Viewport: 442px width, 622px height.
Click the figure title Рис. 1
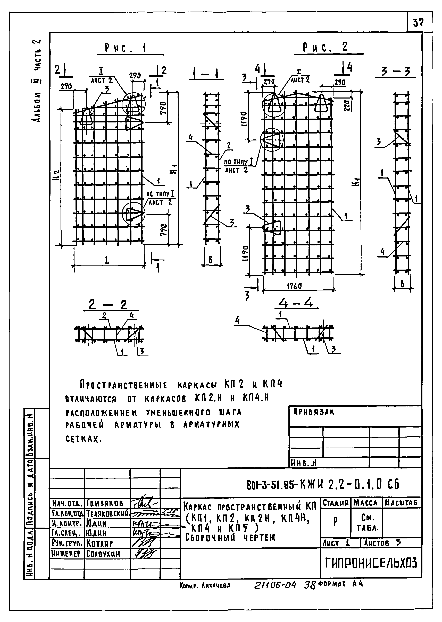[126, 48]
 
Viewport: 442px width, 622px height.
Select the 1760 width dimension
[295, 286]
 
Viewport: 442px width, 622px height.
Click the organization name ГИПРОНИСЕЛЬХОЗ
[371, 563]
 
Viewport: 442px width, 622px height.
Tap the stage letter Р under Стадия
[336, 521]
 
